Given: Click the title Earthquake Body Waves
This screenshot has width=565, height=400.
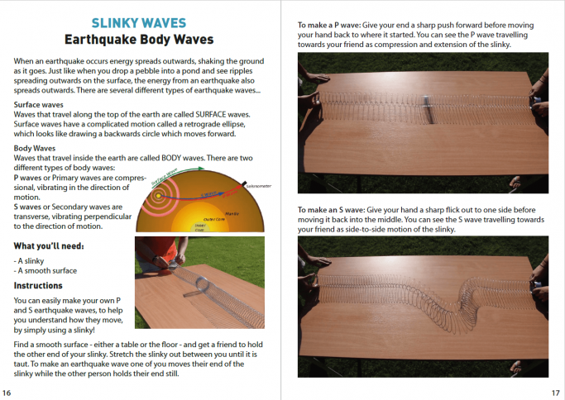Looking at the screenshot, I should tap(139, 39).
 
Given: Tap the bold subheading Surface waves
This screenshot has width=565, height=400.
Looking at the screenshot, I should tap(40, 105).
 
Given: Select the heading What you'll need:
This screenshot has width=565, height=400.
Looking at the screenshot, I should tap(49, 245).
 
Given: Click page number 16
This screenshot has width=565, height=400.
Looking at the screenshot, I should tap(7, 393).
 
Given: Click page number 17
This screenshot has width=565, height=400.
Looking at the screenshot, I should tap(557, 393).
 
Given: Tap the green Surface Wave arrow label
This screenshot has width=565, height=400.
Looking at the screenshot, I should tap(184, 173).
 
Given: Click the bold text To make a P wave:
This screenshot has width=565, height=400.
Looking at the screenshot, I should tap(330, 26).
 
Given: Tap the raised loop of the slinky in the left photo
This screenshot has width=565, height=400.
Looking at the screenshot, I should tap(199, 288).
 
